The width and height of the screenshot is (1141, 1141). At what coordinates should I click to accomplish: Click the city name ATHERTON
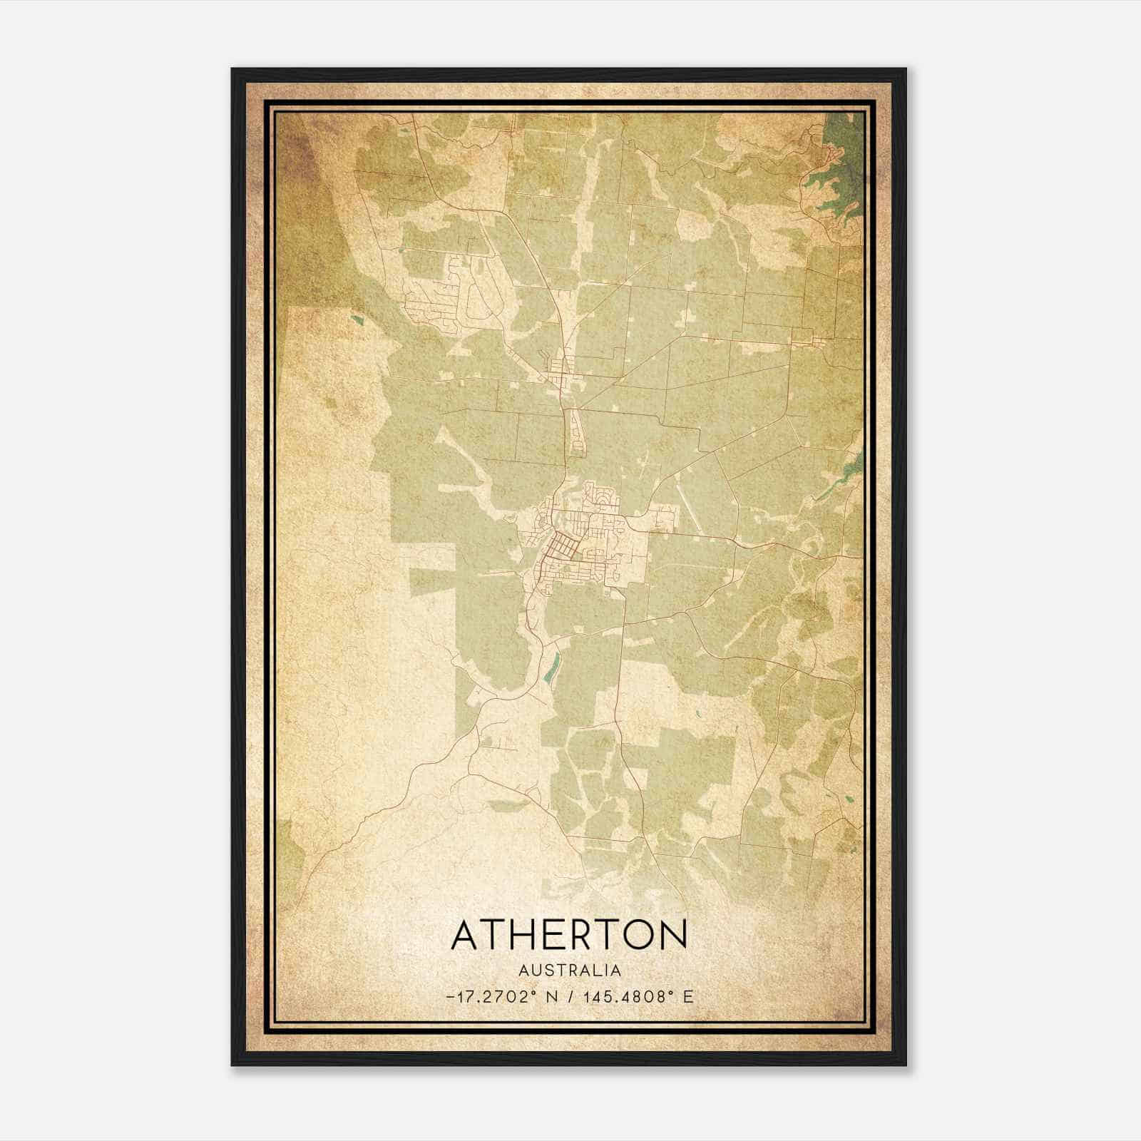click(569, 935)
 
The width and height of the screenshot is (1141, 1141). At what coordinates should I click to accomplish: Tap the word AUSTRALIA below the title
click(569, 971)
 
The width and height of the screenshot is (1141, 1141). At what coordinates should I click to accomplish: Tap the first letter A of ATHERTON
click(465, 935)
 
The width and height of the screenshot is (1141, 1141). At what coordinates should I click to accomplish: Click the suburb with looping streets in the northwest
click(456, 292)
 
